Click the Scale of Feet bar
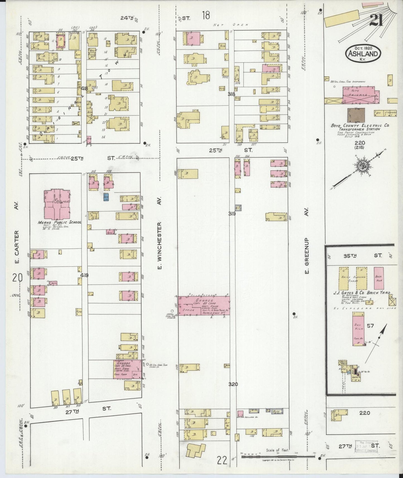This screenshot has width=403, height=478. (276, 457)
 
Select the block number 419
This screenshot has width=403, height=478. (84, 275)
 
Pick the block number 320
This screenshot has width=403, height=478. (233, 384)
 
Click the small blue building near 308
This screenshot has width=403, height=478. (106, 197)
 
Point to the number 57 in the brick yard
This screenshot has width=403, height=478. (370, 326)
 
